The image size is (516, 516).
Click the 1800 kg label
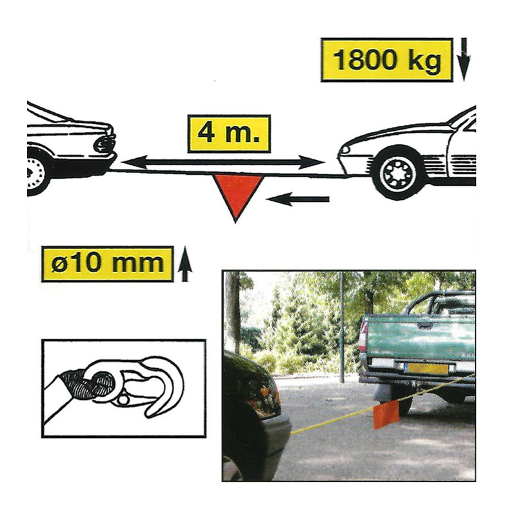pos(386,60)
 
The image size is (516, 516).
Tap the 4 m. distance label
pos(229,134)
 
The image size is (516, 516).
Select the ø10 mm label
pos(108,264)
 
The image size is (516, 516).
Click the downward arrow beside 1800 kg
pos(464,59)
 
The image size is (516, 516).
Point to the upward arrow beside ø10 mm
pos(185,264)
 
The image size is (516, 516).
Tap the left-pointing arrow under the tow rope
pos(298,199)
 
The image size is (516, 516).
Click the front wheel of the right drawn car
pos(399,173)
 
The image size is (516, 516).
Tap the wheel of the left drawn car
pos(35,172)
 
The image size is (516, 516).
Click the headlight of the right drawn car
pos(345,150)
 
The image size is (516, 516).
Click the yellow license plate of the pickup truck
pos(427,369)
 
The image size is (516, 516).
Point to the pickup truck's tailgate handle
pos(425,326)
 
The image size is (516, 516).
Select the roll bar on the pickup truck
pos(438,303)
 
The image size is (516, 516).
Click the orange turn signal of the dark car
pos(264,392)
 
